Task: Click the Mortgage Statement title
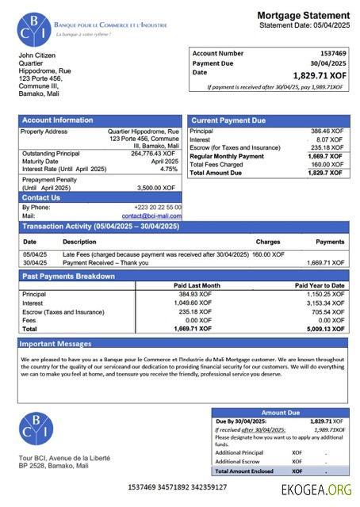point(303,15)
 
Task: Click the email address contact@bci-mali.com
point(151,215)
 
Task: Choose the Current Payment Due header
point(228,120)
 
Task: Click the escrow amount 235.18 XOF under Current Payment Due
point(327,147)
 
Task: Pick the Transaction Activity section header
point(101,227)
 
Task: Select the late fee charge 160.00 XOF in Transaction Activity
point(268,254)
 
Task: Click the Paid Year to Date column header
point(320,285)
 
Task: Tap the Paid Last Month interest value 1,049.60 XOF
point(193,303)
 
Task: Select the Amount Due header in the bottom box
point(280,413)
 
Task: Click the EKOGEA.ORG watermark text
point(316,490)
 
